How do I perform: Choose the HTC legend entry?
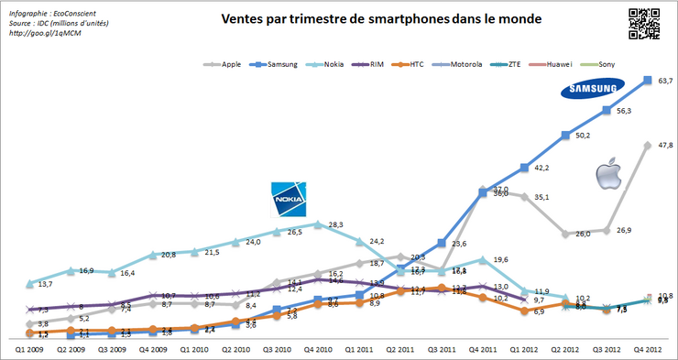(444, 65)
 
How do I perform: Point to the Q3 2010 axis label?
(279, 348)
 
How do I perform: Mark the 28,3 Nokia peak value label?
(335, 224)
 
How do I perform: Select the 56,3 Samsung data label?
(625, 111)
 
